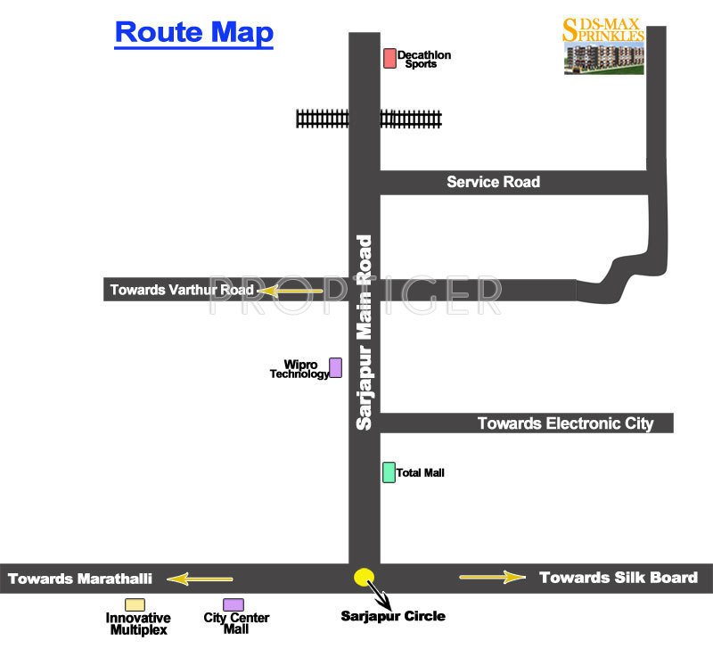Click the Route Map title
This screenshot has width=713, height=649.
tap(194, 33)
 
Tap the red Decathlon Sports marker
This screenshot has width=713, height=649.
tap(389, 59)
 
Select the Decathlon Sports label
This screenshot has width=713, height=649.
tap(424, 60)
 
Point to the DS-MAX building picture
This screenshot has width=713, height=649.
tap(603, 59)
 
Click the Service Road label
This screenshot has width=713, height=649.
tap(493, 182)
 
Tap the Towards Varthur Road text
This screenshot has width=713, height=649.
tap(182, 290)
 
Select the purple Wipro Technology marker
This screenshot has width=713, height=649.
tap(336, 367)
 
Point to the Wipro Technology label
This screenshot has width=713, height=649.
tap(299, 369)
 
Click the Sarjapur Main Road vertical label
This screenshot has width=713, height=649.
tap(364, 333)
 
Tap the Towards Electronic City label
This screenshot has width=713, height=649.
tap(565, 423)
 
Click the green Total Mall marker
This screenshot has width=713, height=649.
tap(389, 472)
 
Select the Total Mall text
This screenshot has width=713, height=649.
tap(421, 472)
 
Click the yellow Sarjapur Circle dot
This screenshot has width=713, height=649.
tap(363, 577)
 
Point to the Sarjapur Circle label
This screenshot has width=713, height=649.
tap(393, 616)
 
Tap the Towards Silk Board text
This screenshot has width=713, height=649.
tap(618, 577)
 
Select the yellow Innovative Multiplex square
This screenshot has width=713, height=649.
tap(135, 605)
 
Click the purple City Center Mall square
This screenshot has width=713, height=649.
tap(234, 605)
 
